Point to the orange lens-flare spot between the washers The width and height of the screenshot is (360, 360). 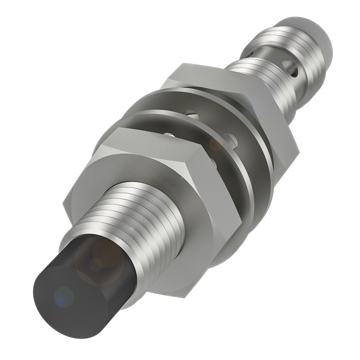[x=216, y=144]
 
